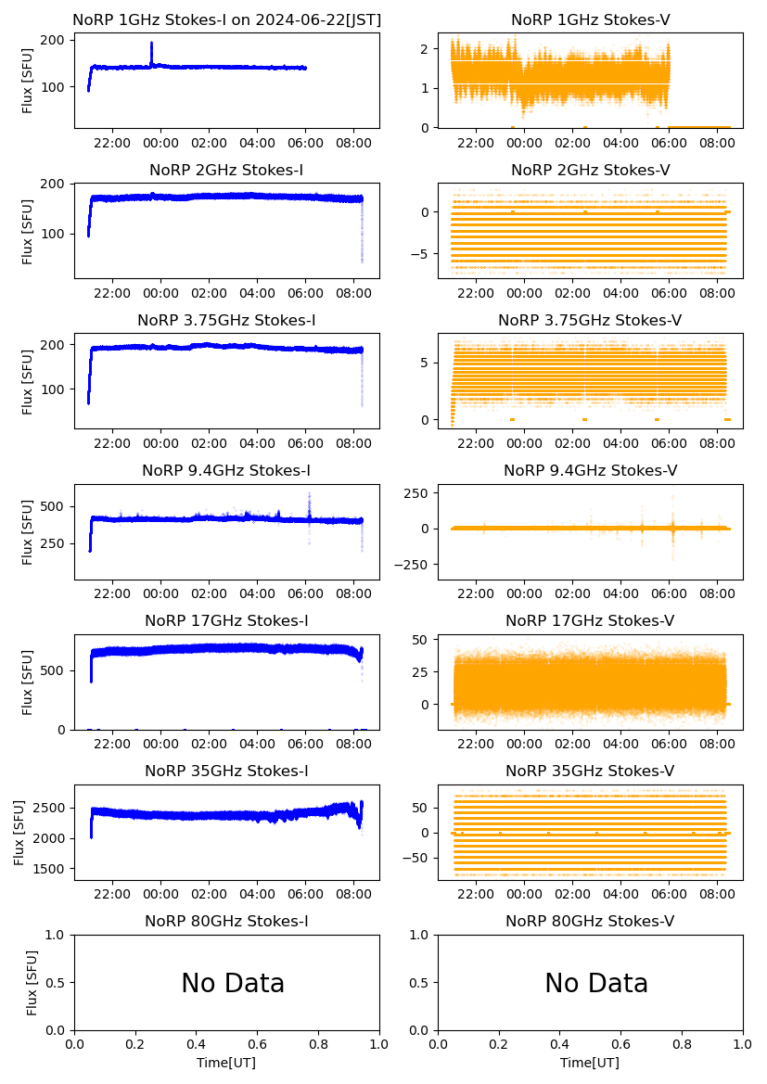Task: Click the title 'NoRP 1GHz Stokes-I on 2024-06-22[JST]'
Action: click(226, 19)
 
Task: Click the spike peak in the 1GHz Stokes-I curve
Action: click(151, 44)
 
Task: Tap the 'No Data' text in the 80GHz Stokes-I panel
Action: click(233, 983)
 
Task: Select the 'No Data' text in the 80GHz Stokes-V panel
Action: click(596, 983)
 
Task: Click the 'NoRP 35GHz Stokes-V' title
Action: click(590, 772)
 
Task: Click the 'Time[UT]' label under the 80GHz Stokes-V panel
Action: click(590, 1063)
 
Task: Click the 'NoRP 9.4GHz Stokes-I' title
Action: click(226, 471)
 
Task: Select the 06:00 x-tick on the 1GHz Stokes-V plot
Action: click(670, 143)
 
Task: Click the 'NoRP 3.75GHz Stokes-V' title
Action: click(590, 321)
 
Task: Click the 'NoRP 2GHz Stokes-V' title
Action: click(590, 171)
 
